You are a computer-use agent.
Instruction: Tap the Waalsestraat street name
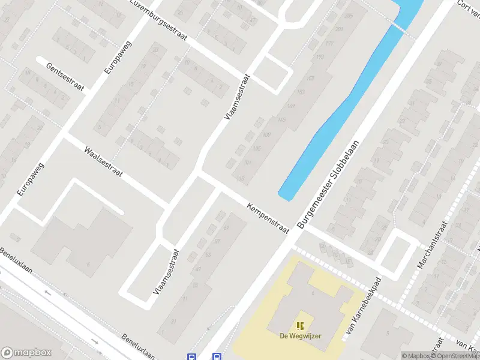coord(103,162)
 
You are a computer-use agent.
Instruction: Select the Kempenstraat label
coord(268,218)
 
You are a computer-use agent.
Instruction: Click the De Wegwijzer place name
coord(300,335)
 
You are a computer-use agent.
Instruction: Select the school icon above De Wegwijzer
coord(300,325)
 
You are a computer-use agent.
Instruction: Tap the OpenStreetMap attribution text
coord(456,356)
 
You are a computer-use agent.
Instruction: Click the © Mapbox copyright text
coord(416,356)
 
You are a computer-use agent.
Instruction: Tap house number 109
coord(266,134)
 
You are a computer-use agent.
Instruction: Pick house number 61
coord(226,228)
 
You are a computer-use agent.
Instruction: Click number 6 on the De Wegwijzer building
coord(313,293)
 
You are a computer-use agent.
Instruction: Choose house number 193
coord(320,57)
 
